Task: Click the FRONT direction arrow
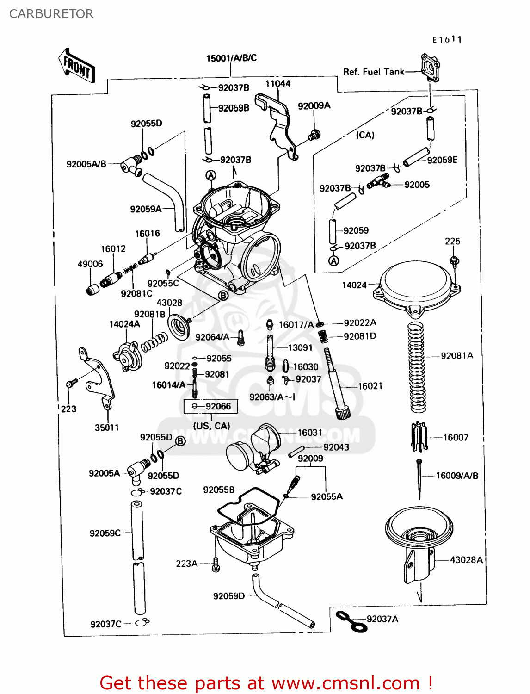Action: click(x=77, y=67)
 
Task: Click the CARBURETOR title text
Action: click(x=51, y=14)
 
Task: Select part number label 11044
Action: click(x=277, y=84)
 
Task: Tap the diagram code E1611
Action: click(x=447, y=40)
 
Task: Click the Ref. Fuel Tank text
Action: click(x=373, y=72)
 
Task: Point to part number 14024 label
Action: click(x=354, y=285)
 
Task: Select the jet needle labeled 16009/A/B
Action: click(x=419, y=479)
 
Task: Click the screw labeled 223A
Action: click(x=216, y=564)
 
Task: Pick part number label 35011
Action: click(x=107, y=428)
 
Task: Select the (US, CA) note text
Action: click(x=211, y=426)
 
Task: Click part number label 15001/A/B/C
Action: click(x=231, y=58)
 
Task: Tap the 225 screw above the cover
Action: click(x=454, y=261)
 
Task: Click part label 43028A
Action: click(x=466, y=560)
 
